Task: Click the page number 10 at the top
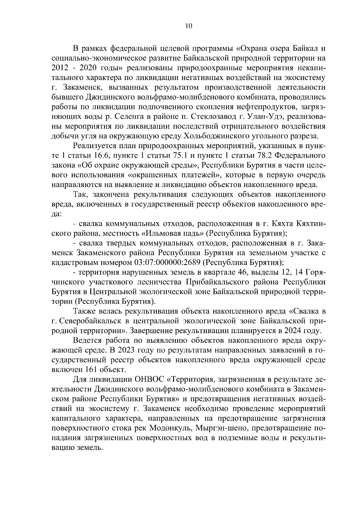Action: (188, 26)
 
